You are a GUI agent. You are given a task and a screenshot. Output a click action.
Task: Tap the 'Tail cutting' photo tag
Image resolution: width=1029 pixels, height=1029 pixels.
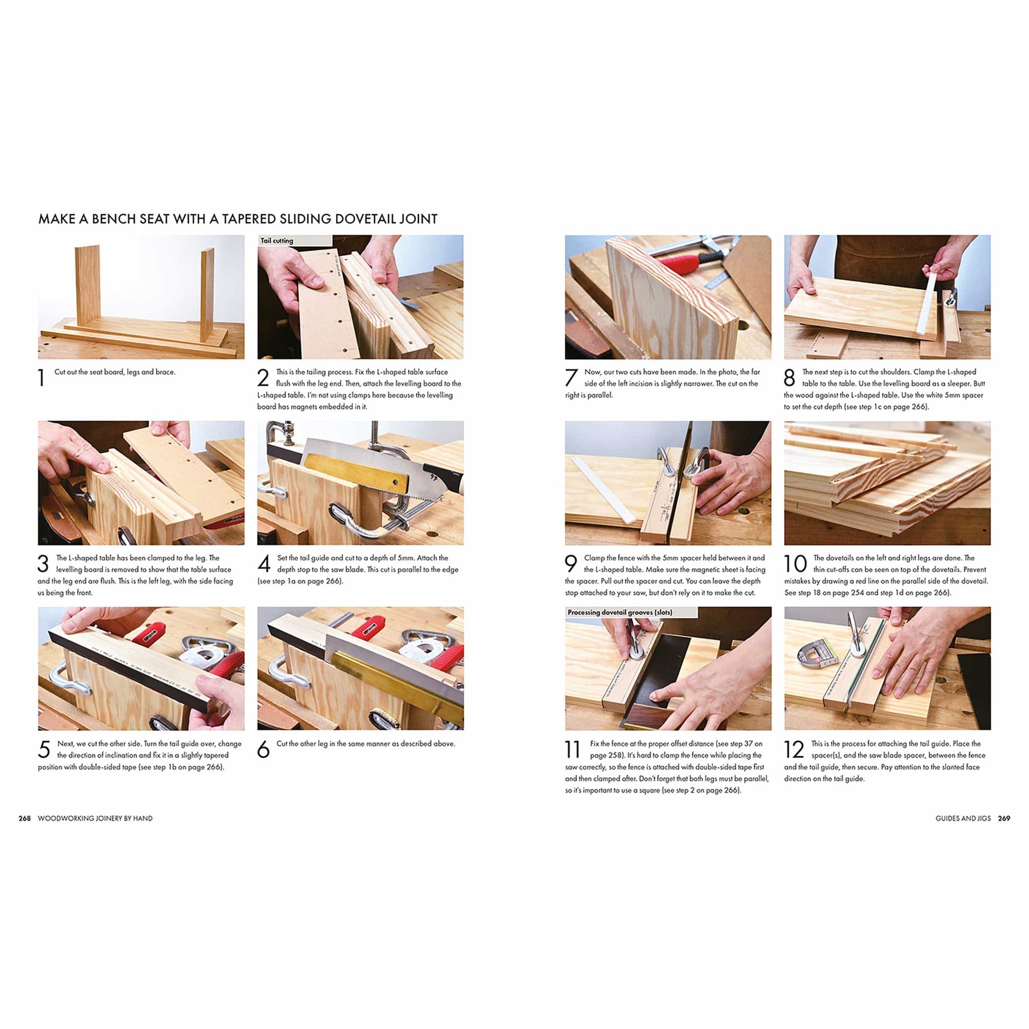pyautogui.click(x=276, y=241)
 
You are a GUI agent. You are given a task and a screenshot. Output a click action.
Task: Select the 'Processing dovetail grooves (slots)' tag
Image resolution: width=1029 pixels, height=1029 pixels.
pyautogui.click(x=619, y=612)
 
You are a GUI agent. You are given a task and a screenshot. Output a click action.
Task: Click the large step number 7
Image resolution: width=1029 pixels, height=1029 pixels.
pyautogui.click(x=571, y=378)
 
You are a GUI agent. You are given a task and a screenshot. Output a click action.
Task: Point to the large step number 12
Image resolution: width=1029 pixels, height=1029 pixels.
pyautogui.click(x=793, y=750)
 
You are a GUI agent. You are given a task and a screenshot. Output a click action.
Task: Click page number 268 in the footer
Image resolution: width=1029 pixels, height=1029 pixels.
pyautogui.click(x=25, y=818)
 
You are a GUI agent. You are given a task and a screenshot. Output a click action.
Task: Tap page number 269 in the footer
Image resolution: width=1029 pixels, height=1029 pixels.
pyautogui.click(x=1003, y=818)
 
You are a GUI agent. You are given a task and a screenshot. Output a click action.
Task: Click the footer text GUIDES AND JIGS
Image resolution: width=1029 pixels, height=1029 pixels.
pyautogui.click(x=963, y=818)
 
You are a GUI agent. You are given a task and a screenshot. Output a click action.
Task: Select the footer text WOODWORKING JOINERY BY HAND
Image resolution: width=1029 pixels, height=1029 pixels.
pyautogui.click(x=95, y=818)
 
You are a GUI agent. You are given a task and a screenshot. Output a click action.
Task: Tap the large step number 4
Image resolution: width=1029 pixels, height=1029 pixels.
pyautogui.click(x=263, y=563)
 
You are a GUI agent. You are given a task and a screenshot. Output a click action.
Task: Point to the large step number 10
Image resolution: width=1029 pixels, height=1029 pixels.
pyautogui.click(x=795, y=563)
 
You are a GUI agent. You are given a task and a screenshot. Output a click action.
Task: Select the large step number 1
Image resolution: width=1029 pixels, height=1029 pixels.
pyautogui.click(x=42, y=378)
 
